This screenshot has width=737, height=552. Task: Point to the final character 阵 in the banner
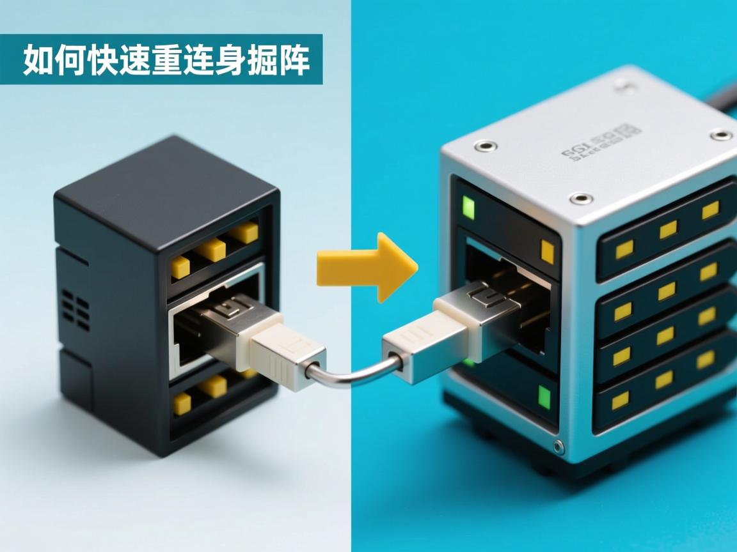pyautogui.click(x=294, y=61)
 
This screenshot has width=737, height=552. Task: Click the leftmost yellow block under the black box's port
pyautogui.click(x=182, y=402)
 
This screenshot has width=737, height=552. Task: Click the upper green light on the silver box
pyautogui.click(x=469, y=208)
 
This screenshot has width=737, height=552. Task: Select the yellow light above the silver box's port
pyautogui.click(x=547, y=251)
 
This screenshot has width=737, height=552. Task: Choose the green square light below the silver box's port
pyautogui.click(x=544, y=397)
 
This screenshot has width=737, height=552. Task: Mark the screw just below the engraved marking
pyautogui.click(x=580, y=198)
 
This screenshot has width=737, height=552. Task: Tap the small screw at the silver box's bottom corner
pyautogui.click(x=559, y=445)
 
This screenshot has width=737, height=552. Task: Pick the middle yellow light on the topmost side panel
pyautogui.click(x=668, y=229)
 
